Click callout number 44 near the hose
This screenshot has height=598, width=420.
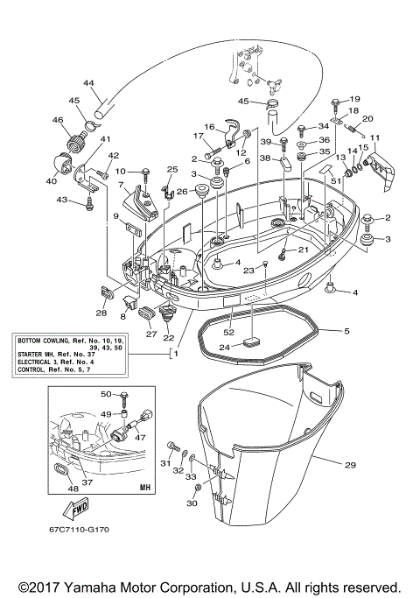click(88, 83)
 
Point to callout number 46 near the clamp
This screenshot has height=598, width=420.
click(58, 120)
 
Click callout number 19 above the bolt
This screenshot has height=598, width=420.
click(355, 99)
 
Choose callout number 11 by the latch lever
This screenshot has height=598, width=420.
click(374, 138)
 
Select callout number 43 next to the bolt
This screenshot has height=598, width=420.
click(62, 201)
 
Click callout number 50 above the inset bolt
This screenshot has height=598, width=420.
click(106, 395)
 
